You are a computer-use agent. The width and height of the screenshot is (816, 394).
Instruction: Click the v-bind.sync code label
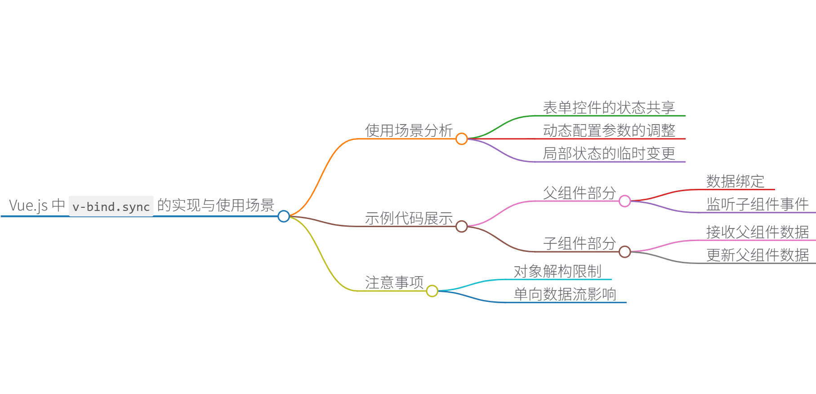pyautogui.click(x=111, y=206)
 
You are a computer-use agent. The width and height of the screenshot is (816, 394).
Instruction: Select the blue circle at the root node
pyautogui.click(x=284, y=216)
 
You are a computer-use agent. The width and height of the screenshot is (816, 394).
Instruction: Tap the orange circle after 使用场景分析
pyautogui.click(x=461, y=139)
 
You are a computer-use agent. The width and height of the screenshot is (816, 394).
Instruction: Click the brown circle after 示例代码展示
pyautogui.click(x=461, y=226)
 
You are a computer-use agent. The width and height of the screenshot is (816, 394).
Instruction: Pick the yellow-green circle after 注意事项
pyautogui.click(x=432, y=291)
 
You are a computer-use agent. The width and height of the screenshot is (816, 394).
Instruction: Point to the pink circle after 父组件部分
pyautogui.click(x=624, y=201)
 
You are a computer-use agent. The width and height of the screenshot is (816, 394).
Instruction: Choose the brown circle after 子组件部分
pyautogui.click(x=624, y=252)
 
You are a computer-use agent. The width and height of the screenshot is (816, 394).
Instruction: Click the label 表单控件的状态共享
pyautogui.click(x=609, y=107)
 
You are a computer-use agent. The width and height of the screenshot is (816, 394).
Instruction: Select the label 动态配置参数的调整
pyautogui.click(x=609, y=130)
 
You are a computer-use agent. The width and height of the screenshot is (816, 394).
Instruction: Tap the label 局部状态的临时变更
pyautogui.click(x=609, y=153)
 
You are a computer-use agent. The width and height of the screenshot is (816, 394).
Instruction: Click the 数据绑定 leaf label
pyautogui.click(x=735, y=181)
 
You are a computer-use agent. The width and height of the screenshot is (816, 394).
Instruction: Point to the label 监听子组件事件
pyautogui.click(x=757, y=204)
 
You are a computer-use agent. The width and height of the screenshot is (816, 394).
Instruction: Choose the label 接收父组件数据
pyautogui.click(x=757, y=232)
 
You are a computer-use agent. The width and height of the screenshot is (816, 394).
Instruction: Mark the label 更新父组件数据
pyautogui.click(x=757, y=255)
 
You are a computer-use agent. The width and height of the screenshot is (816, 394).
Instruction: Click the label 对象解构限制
pyautogui.click(x=557, y=271)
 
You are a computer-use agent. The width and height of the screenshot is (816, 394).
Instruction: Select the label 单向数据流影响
pyautogui.click(x=565, y=294)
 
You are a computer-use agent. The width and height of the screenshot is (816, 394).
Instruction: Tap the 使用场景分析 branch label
pyautogui.click(x=409, y=130)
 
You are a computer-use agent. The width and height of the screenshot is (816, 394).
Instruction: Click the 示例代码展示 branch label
pyautogui.click(x=409, y=218)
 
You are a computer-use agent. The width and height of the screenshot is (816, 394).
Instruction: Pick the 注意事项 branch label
pyautogui.click(x=394, y=282)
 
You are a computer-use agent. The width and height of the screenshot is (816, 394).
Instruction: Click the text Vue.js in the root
pyautogui.click(x=28, y=206)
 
